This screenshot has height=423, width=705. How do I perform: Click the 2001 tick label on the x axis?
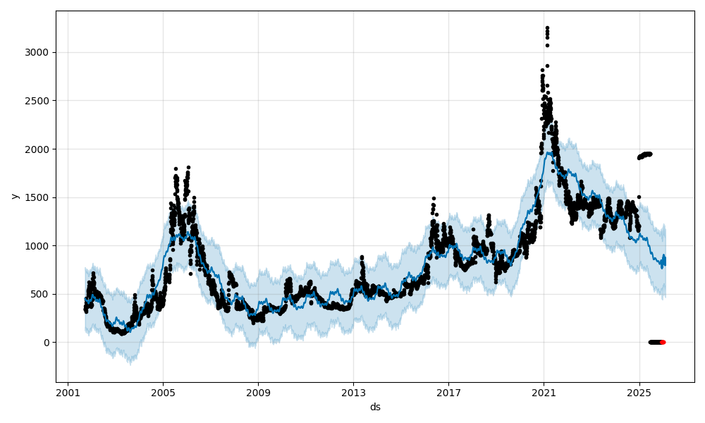(68, 393)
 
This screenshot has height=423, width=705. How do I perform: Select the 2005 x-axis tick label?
(163, 393)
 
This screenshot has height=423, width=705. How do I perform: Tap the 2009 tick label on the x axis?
(258, 393)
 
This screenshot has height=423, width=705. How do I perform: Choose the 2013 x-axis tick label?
(353, 393)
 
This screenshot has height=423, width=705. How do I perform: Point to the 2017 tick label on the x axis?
(448, 393)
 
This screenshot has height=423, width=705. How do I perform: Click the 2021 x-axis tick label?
(544, 393)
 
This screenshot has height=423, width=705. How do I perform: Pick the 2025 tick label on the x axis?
(639, 393)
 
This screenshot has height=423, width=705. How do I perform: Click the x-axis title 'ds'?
(375, 407)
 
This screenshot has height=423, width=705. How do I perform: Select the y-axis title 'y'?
(13, 196)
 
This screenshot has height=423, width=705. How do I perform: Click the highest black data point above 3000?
(547, 28)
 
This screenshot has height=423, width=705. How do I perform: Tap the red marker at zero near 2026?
(663, 342)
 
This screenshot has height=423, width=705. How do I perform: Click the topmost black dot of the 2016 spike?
(434, 199)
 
